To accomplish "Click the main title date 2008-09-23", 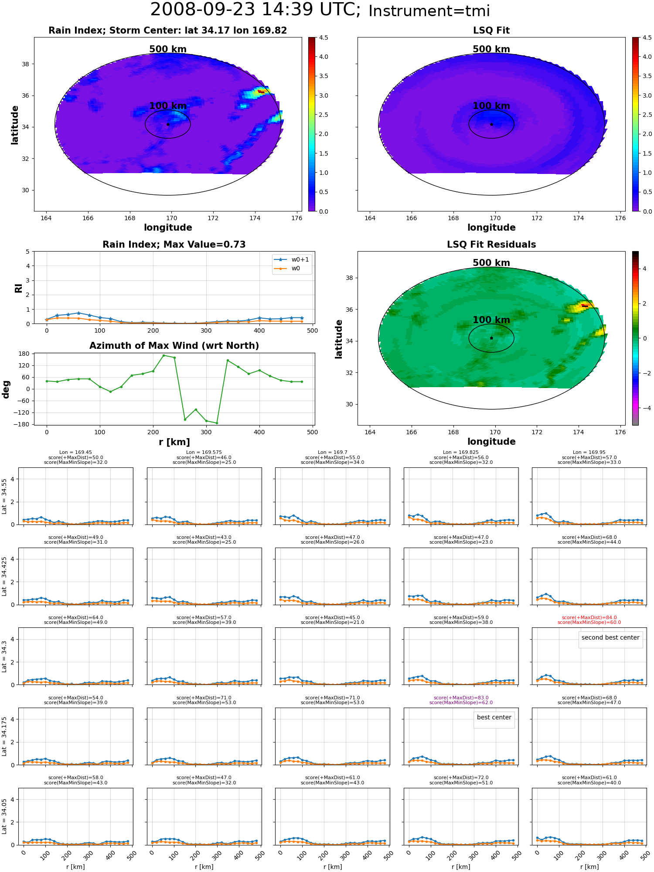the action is [x=203, y=10].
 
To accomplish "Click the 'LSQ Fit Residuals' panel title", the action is [x=491, y=245].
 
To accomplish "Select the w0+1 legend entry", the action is [x=292, y=259].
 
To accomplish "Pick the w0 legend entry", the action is [x=287, y=268].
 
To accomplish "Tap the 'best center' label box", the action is [x=494, y=717].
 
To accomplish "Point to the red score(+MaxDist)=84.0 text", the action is [x=589, y=617].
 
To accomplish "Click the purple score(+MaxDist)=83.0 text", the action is [x=461, y=698].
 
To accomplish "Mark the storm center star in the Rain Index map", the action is [x=168, y=124].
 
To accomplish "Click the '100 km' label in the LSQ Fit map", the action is [x=491, y=106].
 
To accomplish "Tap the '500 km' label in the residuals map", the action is [x=491, y=263].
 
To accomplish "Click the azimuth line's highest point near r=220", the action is [x=163, y=355].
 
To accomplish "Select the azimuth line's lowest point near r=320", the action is [x=217, y=423].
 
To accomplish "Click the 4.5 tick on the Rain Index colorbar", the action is [x=323, y=37].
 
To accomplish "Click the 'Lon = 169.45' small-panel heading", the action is [x=75, y=453].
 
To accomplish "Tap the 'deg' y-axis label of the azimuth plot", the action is [x=6, y=389].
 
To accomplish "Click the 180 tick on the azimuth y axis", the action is [x=24, y=354].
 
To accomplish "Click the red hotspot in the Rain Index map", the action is [x=261, y=92].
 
